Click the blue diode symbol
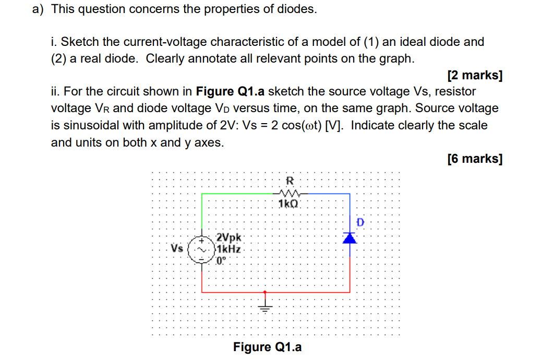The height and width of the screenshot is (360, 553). tap(350, 238)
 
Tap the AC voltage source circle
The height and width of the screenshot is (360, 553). tap(202, 249)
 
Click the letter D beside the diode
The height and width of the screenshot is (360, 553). tap(360, 223)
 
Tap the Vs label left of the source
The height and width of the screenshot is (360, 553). tap(177, 248)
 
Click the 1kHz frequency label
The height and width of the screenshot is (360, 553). tap(229, 249)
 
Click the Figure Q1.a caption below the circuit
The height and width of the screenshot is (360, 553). tap(267, 347)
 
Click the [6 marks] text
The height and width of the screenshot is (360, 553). tap(475, 159)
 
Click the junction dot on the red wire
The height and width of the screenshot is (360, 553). tap(266, 292)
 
